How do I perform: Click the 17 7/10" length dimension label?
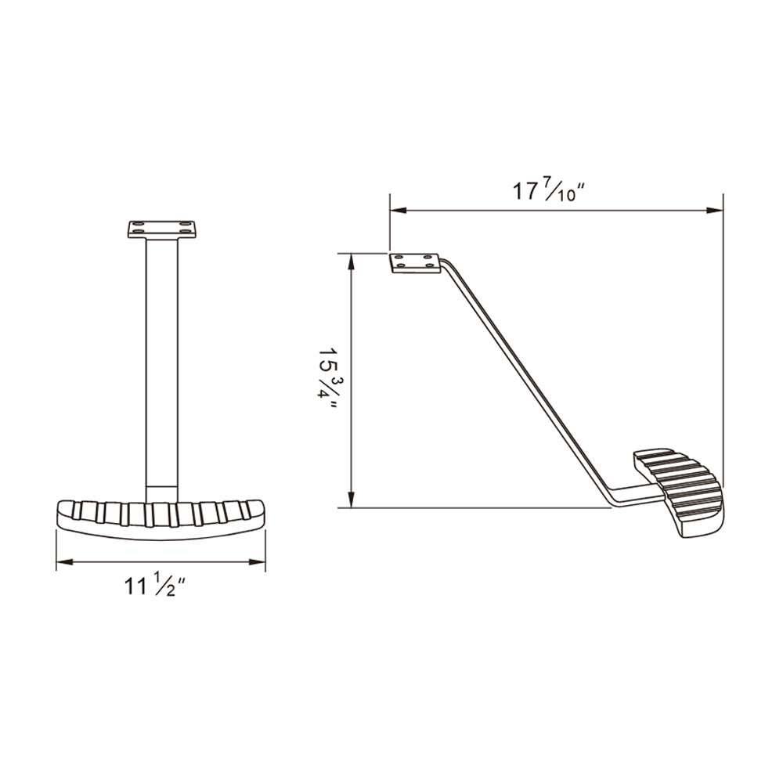pos(549,191)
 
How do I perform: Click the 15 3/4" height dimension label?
pos(327,379)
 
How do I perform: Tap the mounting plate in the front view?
pos(162,229)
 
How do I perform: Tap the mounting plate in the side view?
pos(415,263)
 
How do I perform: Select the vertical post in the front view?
pos(162,370)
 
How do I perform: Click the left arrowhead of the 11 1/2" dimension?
pos(64,562)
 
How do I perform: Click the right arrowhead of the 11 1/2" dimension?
pos(257,562)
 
